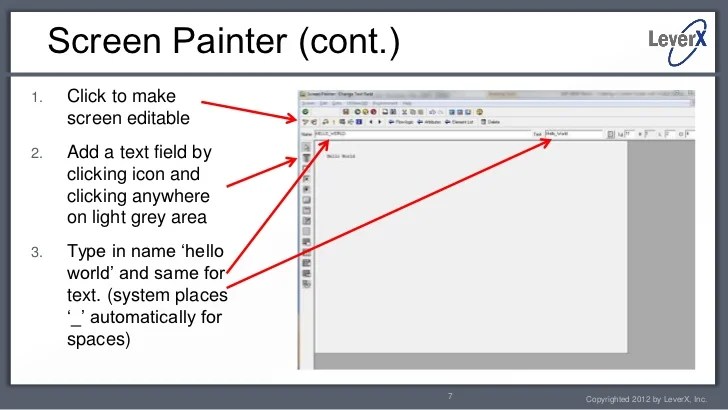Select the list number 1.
(x=35, y=98)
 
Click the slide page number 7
(x=451, y=396)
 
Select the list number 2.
(x=35, y=154)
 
